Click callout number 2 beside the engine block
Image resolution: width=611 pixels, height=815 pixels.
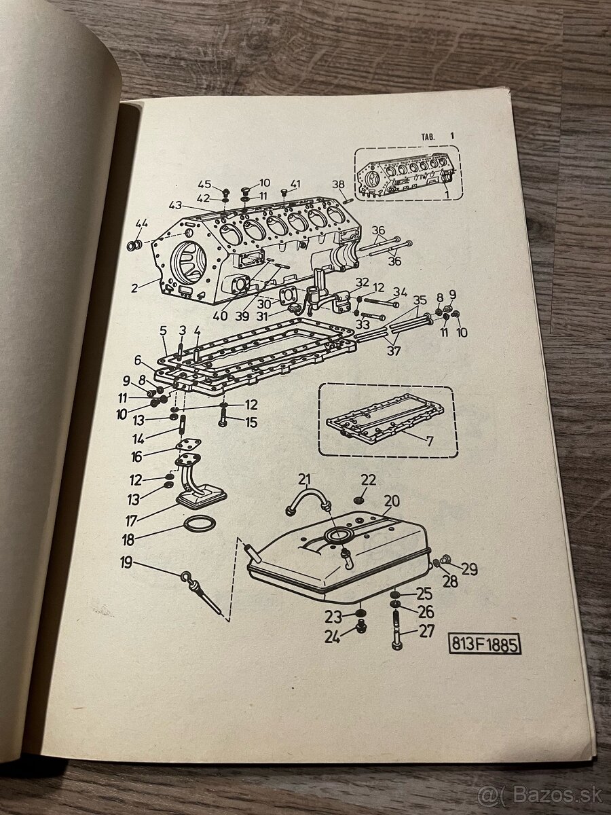click(x=134, y=288)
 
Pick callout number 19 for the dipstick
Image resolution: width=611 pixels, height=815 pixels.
click(x=126, y=563)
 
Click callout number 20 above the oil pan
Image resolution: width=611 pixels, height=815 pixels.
click(x=392, y=501)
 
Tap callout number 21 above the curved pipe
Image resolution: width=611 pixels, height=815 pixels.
click(x=305, y=480)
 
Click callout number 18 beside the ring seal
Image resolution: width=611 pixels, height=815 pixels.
click(x=128, y=540)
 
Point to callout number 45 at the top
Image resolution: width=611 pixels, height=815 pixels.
click(x=204, y=184)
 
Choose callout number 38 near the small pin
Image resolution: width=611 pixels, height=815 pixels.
click(x=338, y=184)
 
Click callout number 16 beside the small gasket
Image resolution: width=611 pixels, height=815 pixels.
click(x=136, y=456)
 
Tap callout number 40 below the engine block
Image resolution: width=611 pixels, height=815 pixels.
click(x=219, y=316)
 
